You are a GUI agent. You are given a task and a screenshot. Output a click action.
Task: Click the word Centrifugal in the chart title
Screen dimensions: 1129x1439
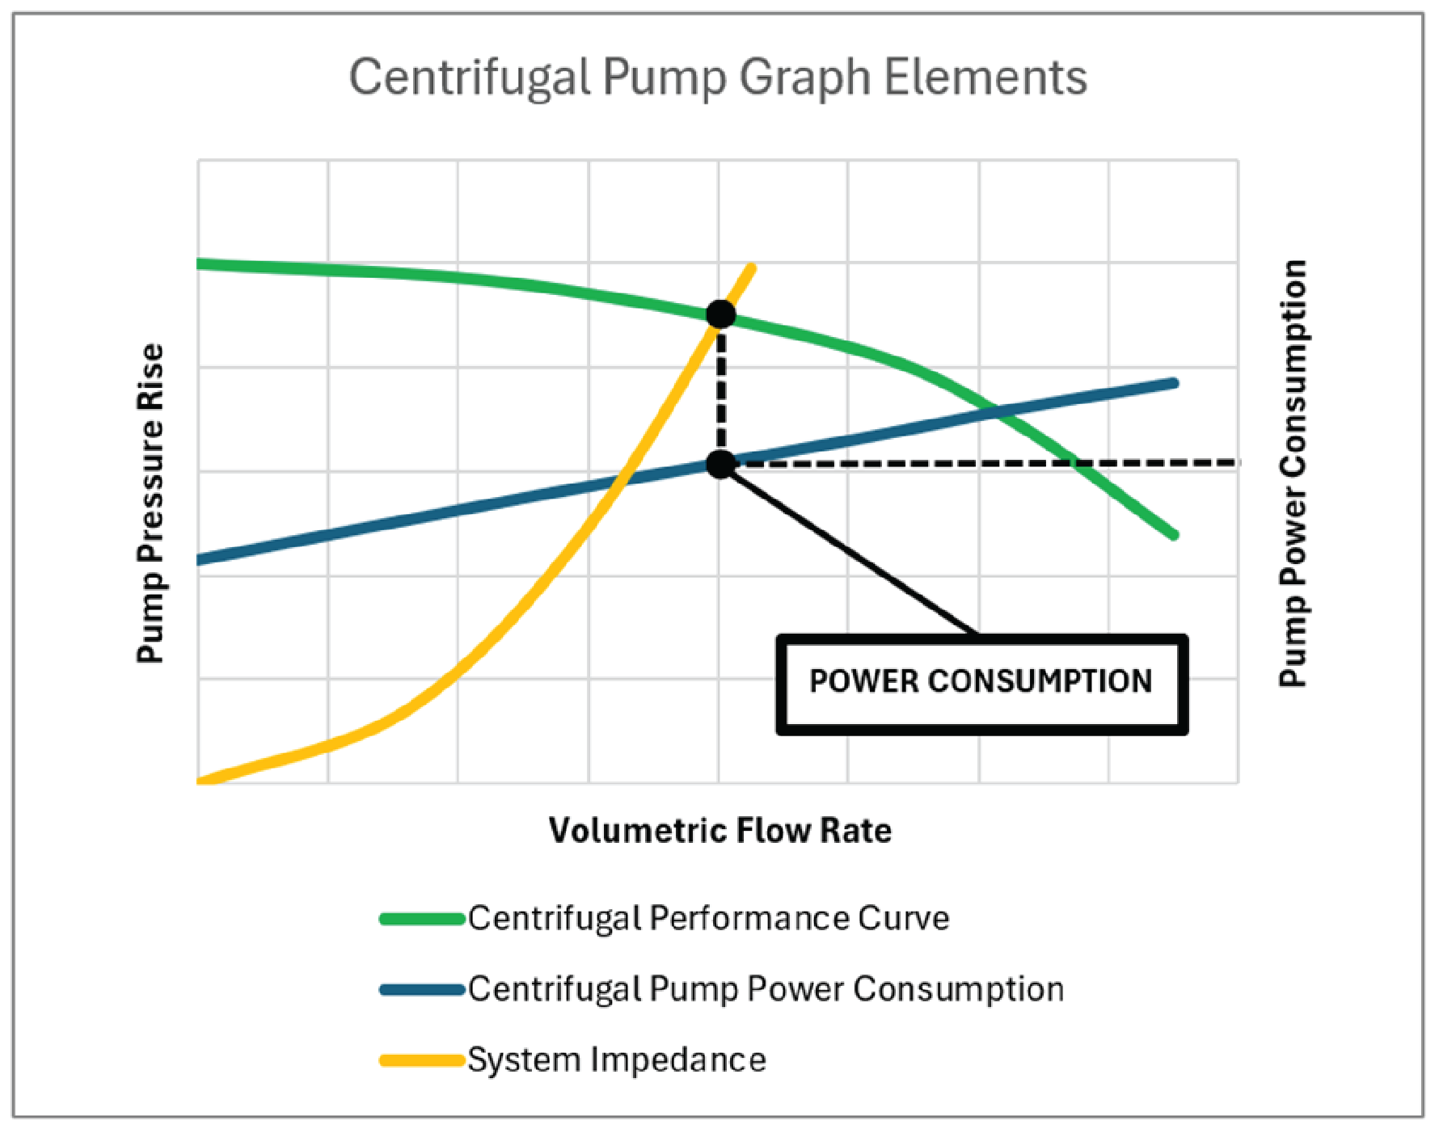(x=469, y=78)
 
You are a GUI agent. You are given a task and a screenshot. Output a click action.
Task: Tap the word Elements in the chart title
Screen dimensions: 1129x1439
(x=984, y=78)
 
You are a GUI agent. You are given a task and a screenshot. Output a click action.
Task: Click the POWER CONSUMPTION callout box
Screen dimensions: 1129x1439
(x=981, y=684)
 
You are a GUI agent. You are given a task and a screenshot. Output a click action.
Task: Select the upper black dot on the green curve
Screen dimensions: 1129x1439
(x=720, y=314)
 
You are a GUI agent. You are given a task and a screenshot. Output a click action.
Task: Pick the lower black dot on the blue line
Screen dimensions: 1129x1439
(x=720, y=464)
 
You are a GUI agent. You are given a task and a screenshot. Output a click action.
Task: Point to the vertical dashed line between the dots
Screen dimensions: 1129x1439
(x=721, y=388)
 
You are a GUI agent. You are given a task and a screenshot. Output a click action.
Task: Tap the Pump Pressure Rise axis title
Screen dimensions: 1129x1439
(x=150, y=503)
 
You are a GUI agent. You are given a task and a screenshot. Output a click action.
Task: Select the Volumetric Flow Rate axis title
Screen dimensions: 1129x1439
(x=719, y=831)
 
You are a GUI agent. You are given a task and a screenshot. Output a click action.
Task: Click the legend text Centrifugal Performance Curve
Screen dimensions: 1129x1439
(x=708, y=919)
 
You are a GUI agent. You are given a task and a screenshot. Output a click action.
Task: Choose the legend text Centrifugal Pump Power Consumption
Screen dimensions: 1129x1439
(x=765, y=989)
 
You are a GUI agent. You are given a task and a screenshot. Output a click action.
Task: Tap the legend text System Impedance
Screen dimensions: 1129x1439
(x=616, y=1059)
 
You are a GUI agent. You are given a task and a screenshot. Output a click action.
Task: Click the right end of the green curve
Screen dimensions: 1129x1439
(x=1173, y=534)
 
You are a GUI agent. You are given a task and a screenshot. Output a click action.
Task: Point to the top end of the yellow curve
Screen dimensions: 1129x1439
(x=752, y=268)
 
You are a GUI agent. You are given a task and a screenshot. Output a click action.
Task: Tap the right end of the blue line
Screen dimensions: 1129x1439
(x=1173, y=383)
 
